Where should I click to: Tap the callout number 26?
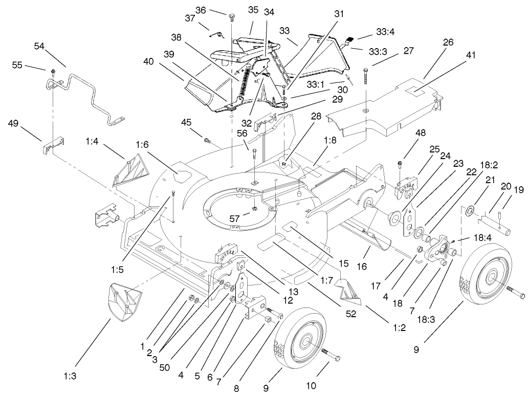pos(448,43)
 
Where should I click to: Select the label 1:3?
pos(70,376)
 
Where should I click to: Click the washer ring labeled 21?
pos(469,209)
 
